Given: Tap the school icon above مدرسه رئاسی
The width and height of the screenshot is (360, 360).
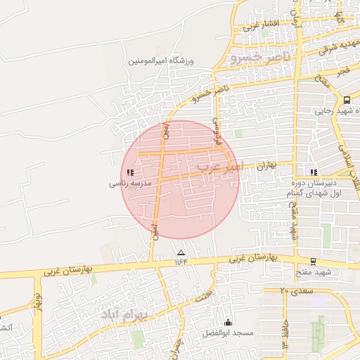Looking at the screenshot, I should click(129, 172).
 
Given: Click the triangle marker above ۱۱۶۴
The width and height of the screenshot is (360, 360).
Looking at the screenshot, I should click(181, 252).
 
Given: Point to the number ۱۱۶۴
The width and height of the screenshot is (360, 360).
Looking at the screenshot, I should click(182, 262).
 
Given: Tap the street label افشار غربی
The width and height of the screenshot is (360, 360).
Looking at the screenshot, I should click(262, 26).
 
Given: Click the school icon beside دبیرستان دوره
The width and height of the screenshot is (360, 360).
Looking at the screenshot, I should click(314, 172).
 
